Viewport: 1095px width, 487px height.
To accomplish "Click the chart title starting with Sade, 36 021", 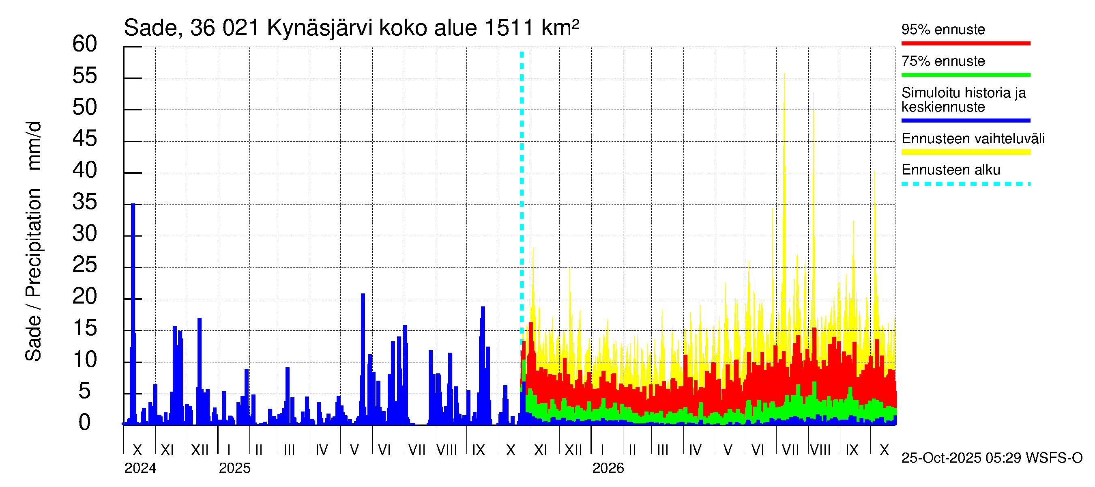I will click(x=351, y=28).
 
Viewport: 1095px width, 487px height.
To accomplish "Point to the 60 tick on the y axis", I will click(x=85, y=44).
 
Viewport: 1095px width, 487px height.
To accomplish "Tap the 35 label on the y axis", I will click(x=85, y=202).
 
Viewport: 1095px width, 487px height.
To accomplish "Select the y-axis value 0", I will click(x=85, y=423).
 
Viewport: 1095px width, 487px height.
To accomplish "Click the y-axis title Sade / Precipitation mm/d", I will click(x=33, y=241).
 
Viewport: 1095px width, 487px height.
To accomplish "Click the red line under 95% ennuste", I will click(x=965, y=43).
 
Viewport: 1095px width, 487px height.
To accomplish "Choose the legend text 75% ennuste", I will click(x=943, y=61).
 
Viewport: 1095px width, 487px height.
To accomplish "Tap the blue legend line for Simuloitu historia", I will click(x=965, y=121).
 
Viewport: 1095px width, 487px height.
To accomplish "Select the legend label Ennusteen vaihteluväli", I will click(x=973, y=139).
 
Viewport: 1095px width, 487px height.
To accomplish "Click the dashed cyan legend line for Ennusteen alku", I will click(x=965, y=184).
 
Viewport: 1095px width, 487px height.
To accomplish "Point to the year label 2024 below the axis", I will click(x=140, y=468).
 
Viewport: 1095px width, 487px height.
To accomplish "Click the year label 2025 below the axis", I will click(x=235, y=468).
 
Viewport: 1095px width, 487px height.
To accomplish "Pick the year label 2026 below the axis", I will click(x=608, y=468).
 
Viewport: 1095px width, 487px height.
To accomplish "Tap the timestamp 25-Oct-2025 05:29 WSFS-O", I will click(x=992, y=458).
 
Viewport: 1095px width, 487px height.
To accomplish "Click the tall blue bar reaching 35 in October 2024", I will click(x=133, y=315).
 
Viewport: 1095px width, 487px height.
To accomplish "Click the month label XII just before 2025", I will click(x=200, y=450).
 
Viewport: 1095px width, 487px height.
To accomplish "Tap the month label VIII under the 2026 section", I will click(x=820, y=450).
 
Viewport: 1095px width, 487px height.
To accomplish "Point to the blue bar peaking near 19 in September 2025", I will click(x=483, y=366).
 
